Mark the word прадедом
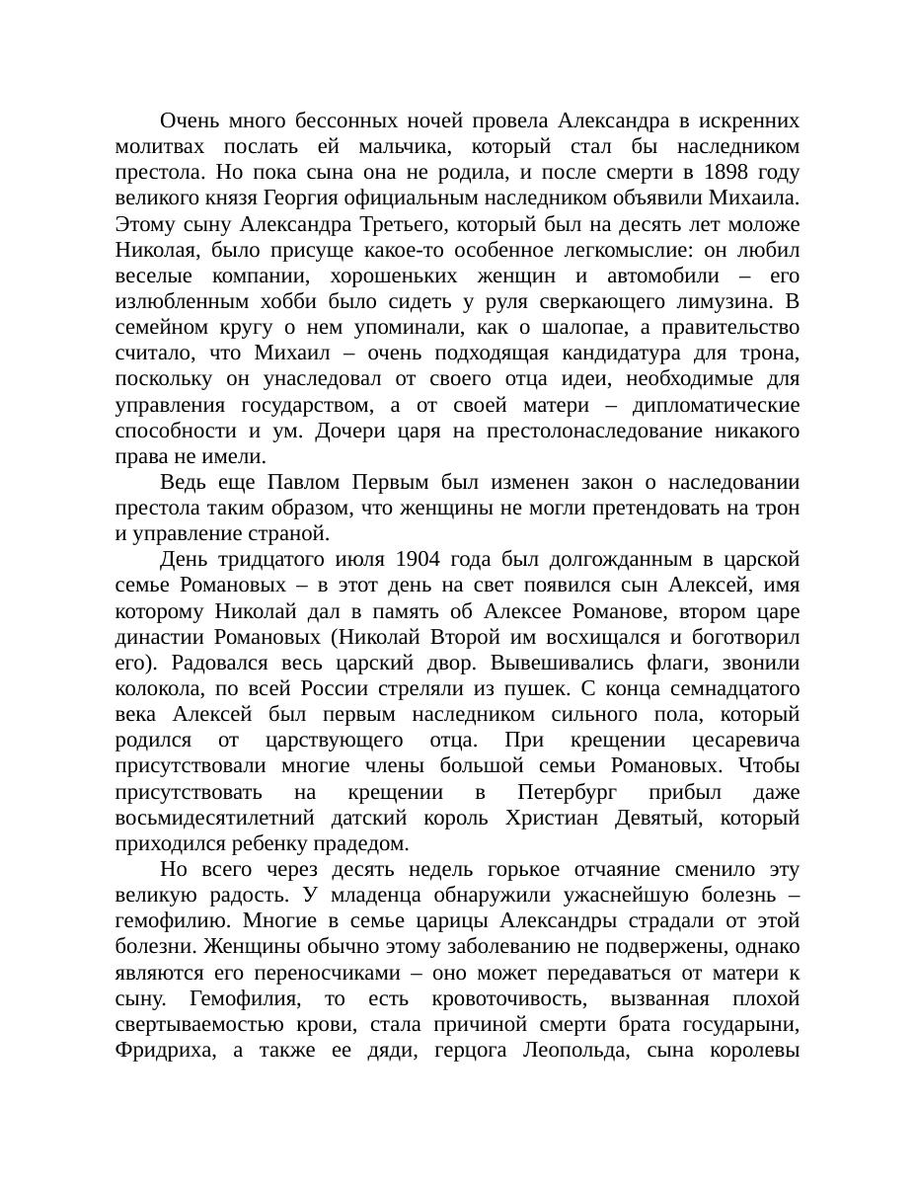coord(359,843)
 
